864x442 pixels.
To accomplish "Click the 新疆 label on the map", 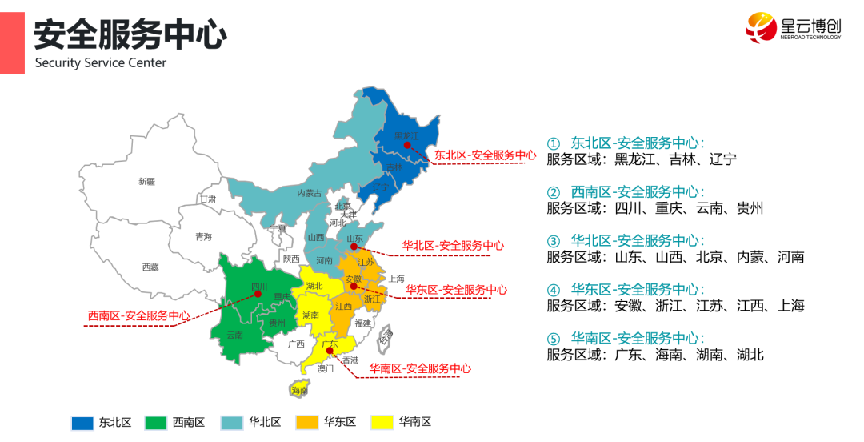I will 146,182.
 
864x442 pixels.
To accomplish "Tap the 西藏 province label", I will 150,267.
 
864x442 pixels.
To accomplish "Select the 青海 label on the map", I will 204,237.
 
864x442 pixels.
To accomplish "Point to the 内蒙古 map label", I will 309,193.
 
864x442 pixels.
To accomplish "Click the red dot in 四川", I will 258,294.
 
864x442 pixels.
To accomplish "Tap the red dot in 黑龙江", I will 407,146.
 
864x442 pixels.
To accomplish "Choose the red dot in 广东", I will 329,350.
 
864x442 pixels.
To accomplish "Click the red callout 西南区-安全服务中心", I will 138,316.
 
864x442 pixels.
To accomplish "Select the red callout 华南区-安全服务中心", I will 420,369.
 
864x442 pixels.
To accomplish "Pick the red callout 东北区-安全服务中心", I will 485,155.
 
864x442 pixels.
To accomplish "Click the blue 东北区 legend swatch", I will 83,423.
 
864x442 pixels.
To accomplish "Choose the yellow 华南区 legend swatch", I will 384,423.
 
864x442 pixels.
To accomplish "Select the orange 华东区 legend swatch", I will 307,423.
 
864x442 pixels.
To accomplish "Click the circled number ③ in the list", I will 554,241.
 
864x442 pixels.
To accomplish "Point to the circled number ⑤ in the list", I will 554,338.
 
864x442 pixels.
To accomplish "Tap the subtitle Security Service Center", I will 101,63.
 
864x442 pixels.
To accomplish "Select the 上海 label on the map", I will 397,279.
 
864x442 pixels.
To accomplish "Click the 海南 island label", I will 299,390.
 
